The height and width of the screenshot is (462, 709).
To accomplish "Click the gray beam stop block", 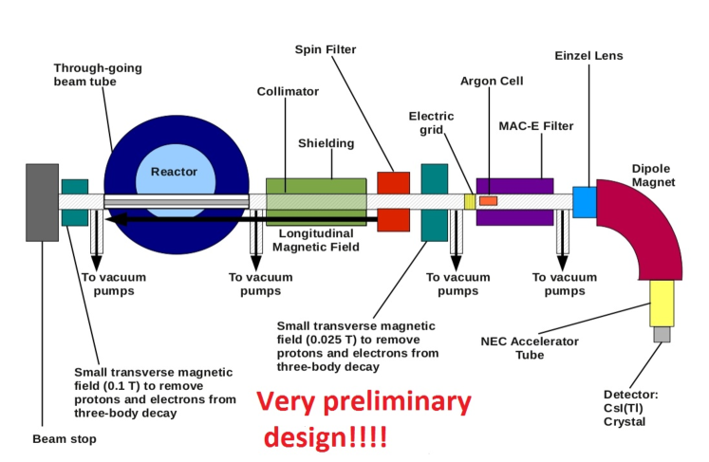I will tap(43, 201).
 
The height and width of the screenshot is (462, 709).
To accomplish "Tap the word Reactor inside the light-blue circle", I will tap(174, 172).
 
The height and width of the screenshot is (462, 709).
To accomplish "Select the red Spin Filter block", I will tap(393, 201).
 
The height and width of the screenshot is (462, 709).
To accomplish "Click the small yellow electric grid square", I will tap(469, 201).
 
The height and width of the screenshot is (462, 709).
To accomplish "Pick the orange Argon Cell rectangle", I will tap(488, 200).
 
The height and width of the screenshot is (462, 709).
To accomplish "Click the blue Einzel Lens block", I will tap(584, 201).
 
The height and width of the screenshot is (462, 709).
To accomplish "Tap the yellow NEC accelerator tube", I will tap(661, 303).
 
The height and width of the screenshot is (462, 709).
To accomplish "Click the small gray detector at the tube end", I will tap(662, 334).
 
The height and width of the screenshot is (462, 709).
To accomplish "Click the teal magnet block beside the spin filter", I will tap(434, 201).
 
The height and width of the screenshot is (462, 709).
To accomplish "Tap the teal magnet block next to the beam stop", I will tap(74, 201).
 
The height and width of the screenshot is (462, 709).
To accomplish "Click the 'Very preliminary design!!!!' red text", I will tap(364, 418).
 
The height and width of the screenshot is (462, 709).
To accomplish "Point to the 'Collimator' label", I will tap(288, 92).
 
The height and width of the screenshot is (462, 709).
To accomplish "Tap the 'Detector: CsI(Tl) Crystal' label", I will tap(630, 408).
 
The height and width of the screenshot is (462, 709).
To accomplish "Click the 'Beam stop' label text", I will tap(65, 439).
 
